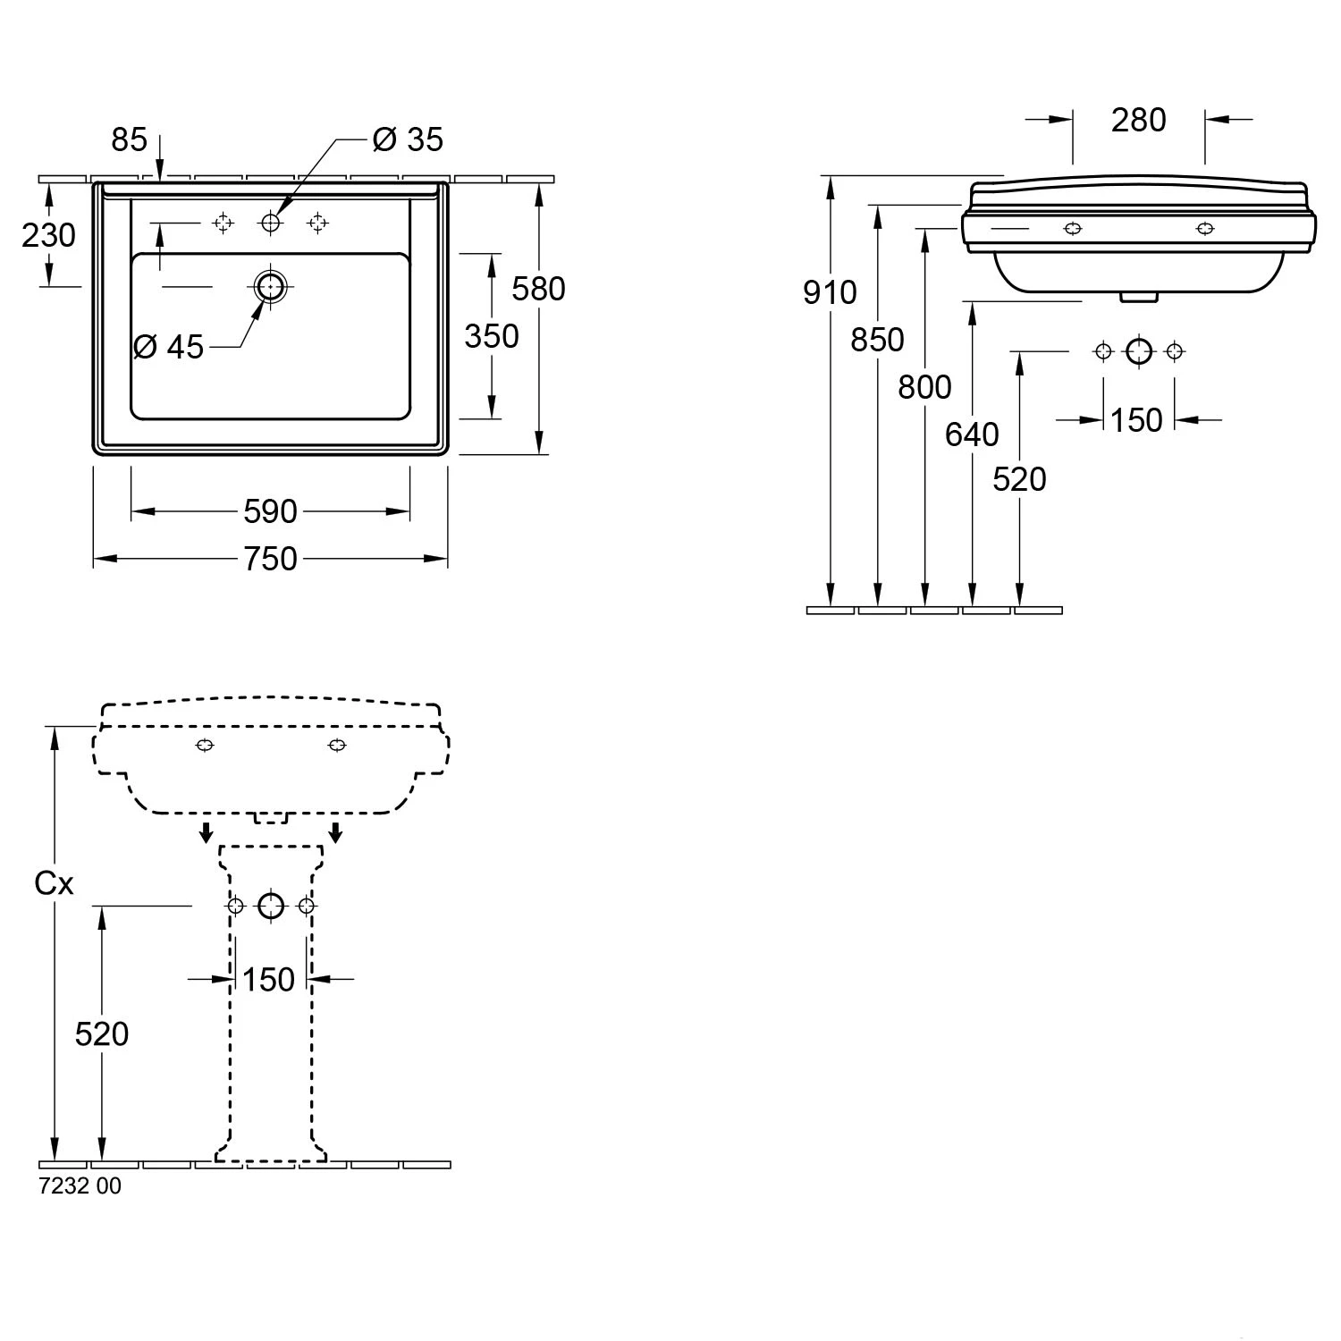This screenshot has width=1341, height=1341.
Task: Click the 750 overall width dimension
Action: [x=270, y=559]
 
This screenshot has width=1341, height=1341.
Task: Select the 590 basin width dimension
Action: [x=270, y=511]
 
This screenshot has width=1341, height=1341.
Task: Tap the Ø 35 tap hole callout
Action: [x=408, y=139]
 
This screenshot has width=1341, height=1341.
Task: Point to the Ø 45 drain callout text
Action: [x=169, y=347]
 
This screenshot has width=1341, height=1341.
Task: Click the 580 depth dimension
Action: [x=538, y=289]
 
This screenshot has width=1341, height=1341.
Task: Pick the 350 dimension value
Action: [x=491, y=336]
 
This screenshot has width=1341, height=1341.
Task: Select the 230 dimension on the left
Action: [x=48, y=236]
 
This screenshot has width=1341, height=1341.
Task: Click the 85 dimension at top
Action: [x=129, y=139]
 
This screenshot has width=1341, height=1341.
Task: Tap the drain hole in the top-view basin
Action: [x=270, y=286]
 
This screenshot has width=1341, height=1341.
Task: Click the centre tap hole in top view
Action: [x=270, y=223]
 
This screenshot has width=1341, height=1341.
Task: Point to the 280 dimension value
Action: [x=1138, y=120]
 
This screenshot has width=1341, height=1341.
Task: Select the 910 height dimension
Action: [x=829, y=292]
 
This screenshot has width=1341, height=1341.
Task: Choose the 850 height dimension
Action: [x=877, y=340]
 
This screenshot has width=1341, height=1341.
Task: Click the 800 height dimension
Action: [x=924, y=387]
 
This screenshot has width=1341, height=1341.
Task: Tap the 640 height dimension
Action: [x=972, y=434]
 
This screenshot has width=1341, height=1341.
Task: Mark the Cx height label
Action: [x=54, y=883]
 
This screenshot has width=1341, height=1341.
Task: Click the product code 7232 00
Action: [x=80, y=1186]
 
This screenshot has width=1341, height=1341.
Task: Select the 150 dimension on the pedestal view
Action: [x=268, y=980]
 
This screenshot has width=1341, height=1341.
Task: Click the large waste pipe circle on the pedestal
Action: [x=271, y=907]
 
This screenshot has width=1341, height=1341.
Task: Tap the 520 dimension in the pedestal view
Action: [x=102, y=1034]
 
